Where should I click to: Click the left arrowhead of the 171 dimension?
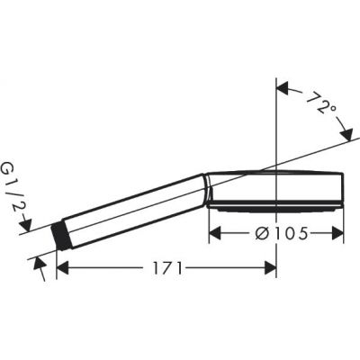[62, 268]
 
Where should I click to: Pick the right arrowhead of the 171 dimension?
[270, 268]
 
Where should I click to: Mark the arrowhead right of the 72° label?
[345, 132]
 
